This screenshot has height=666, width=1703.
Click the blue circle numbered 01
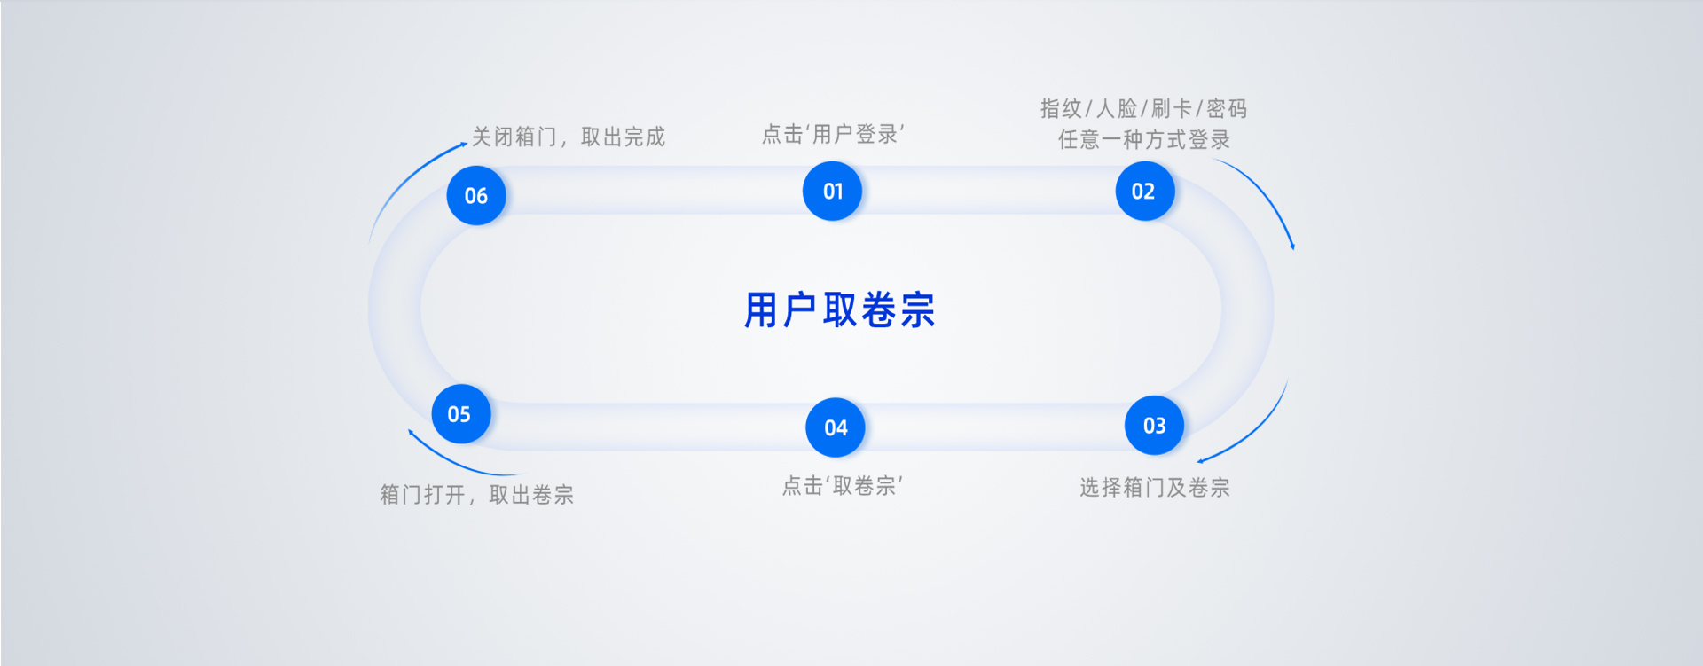click(x=832, y=191)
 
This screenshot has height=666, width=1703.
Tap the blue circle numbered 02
click(x=1144, y=191)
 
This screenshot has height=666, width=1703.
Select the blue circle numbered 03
click(x=1154, y=426)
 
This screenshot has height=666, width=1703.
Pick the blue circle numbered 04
click(x=835, y=427)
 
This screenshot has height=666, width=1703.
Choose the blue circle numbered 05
click(x=460, y=414)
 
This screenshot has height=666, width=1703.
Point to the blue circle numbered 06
click(x=476, y=195)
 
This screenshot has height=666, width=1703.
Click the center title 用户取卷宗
click(x=839, y=310)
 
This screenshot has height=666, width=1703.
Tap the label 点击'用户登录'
click(x=833, y=134)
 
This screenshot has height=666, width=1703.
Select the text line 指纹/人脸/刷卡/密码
click(x=1143, y=108)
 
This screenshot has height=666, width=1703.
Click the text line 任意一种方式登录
click(x=1143, y=139)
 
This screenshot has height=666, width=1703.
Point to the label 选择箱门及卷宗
click(x=1154, y=487)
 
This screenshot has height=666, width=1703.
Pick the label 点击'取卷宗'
click(x=842, y=485)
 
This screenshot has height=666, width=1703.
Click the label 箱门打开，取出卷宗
click(x=476, y=494)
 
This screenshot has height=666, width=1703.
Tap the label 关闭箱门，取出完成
click(x=568, y=137)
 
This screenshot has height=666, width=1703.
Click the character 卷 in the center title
click(x=879, y=310)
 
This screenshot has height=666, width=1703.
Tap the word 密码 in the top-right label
click(x=1227, y=108)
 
